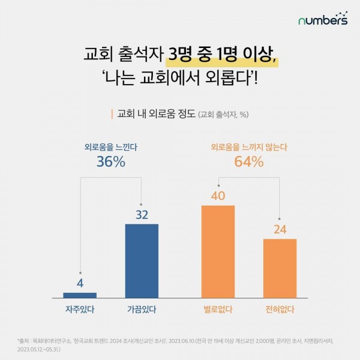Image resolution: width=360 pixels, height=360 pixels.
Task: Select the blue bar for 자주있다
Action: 80,295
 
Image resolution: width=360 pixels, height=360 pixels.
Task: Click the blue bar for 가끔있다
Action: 142,260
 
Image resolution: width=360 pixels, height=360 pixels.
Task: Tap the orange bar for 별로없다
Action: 218,251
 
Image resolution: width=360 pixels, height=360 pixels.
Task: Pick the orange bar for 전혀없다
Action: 280,268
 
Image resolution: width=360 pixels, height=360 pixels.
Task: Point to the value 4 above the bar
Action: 80,282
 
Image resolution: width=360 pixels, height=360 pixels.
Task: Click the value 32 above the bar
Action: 142,214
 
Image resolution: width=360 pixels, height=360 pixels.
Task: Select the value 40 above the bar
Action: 218,195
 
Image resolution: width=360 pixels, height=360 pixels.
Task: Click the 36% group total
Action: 110,161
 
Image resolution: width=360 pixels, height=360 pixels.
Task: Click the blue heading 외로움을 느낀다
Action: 110,145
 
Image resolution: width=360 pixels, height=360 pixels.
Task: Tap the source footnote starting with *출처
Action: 179,343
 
